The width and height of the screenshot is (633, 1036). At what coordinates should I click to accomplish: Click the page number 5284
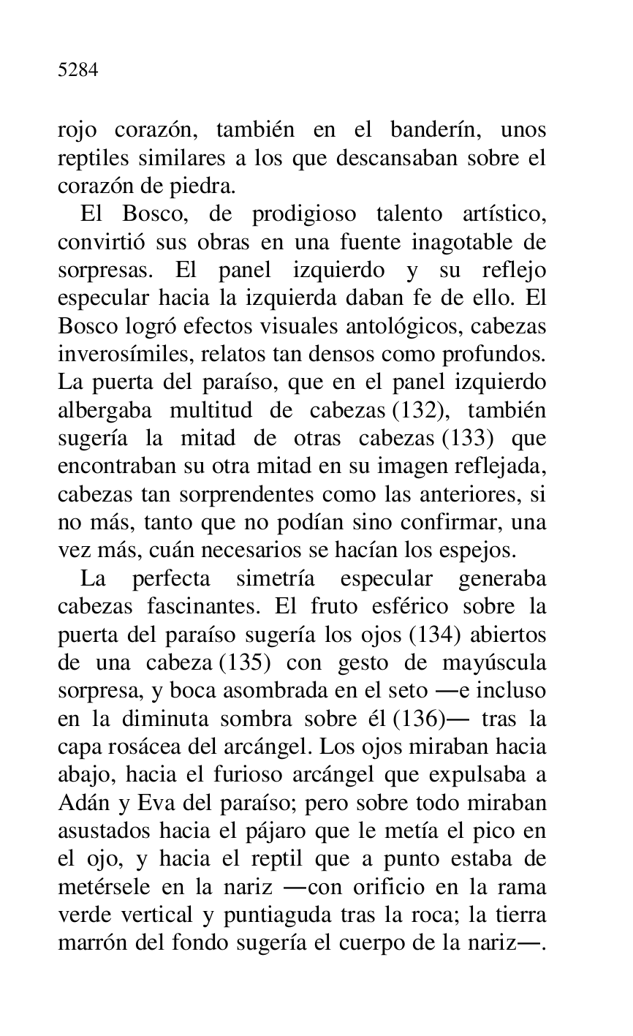78,70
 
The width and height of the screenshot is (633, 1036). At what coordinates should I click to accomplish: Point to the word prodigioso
303,214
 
